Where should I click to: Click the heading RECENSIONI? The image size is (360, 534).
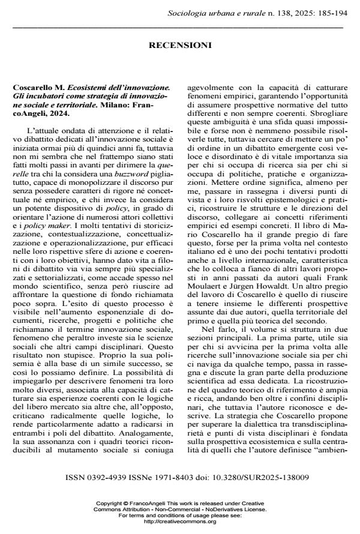[x=179, y=45]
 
